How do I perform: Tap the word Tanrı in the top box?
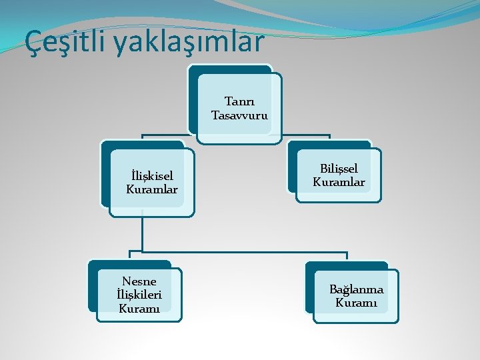click(x=239, y=102)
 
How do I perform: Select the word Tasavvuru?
click(x=240, y=115)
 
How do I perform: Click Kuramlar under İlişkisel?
click(x=152, y=189)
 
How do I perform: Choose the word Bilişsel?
click(x=339, y=169)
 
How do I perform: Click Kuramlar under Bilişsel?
click(x=339, y=181)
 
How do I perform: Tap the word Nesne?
click(x=139, y=281)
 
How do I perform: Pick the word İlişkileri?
click(x=139, y=294)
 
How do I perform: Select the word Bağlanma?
click(x=356, y=289)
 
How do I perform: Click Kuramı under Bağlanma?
click(x=356, y=303)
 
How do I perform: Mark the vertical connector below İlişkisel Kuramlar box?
click(x=143, y=233)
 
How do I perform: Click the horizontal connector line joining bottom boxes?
click(x=240, y=252)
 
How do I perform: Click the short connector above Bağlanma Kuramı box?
click(x=347, y=257)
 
